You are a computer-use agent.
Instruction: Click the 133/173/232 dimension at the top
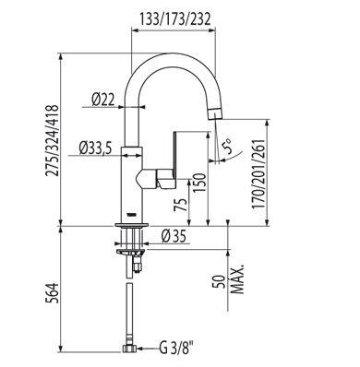point(175,19)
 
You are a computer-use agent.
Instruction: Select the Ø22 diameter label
point(102,100)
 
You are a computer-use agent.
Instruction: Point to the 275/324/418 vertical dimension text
point(52,140)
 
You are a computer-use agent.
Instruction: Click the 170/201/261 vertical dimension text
point(258,173)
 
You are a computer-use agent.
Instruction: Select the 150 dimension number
point(198,183)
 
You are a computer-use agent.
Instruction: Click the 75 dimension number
point(180,205)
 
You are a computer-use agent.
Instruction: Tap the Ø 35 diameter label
point(174,237)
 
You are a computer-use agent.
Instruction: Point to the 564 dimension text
point(52,293)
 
